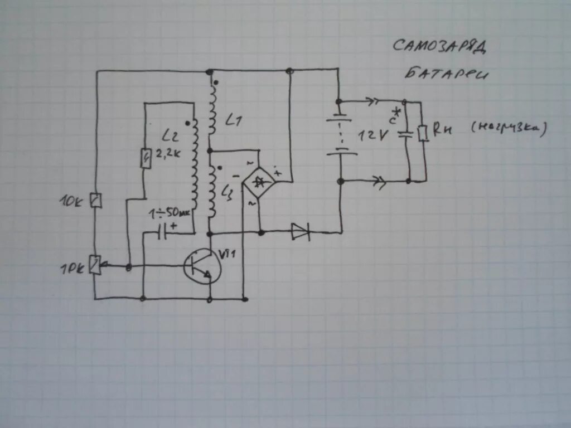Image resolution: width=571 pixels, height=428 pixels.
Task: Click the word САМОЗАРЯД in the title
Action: coord(440,47)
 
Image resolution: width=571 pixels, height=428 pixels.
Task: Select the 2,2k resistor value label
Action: coord(170,155)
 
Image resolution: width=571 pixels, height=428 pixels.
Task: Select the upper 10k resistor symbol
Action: coord(96,200)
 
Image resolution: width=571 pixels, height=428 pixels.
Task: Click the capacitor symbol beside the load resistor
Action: coord(406,134)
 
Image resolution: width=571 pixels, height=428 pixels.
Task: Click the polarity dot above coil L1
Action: coord(216,84)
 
